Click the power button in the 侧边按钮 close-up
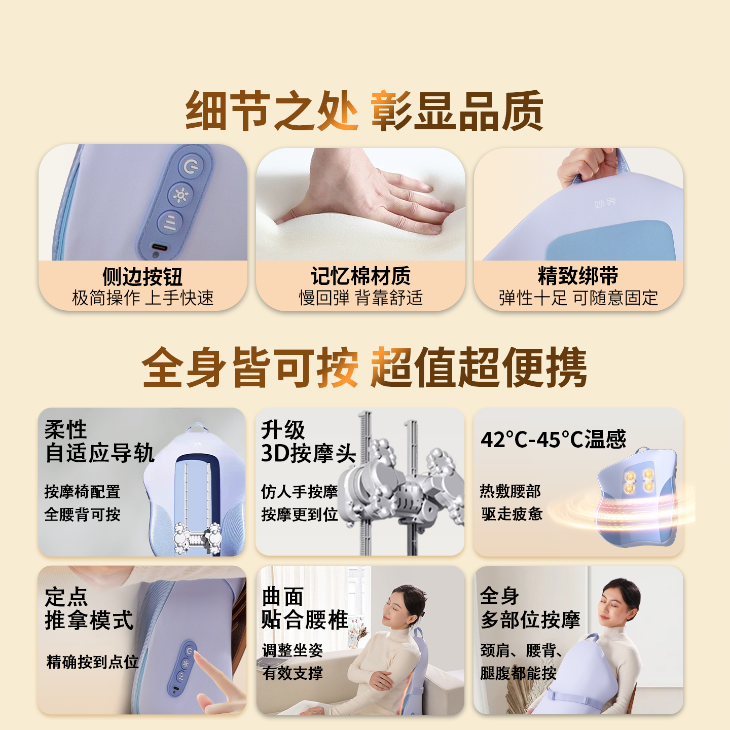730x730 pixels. [191, 166]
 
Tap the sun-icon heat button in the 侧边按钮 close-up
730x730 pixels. [180, 195]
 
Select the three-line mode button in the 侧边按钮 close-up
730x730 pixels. [170, 222]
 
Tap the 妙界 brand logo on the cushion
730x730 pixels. [605, 203]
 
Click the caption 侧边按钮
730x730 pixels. [142, 277]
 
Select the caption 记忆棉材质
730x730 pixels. [360, 276]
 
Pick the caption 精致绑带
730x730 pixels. [578, 276]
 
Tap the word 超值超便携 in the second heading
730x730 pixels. [479, 368]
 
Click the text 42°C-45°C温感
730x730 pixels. [553, 440]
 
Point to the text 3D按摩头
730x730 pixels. [308, 453]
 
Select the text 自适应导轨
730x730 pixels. [100, 453]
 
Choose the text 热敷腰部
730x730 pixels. [510, 491]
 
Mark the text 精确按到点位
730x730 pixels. [92, 662]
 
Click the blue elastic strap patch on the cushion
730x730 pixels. [611, 241]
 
